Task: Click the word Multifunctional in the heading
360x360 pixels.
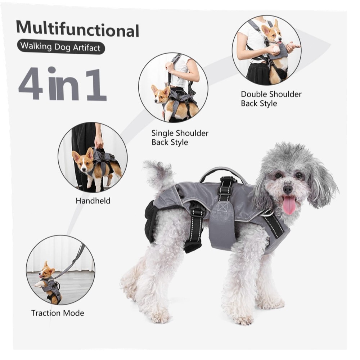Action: [x=78, y=29]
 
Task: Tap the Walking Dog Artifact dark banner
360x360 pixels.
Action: [x=61, y=47]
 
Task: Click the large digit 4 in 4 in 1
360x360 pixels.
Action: [x=31, y=84]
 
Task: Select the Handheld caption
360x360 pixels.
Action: [x=93, y=201]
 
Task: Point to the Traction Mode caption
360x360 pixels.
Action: [x=58, y=313]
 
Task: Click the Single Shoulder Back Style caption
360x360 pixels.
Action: [x=180, y=138]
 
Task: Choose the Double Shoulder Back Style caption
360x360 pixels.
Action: [x=271, y=99]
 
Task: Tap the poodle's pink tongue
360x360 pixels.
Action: [x=289, y=205]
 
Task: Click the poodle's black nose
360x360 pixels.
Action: [x=287, y=189]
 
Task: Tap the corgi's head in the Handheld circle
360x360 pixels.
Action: [x=84, y=160]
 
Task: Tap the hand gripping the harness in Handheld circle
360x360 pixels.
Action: [x=99, y=142]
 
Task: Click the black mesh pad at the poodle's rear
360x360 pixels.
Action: [x=150, y=221]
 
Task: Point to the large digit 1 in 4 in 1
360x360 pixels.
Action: [x=96, y=85]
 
